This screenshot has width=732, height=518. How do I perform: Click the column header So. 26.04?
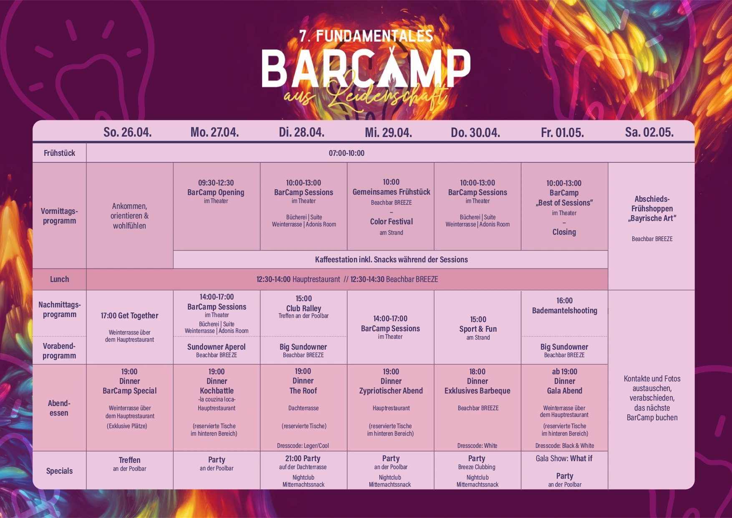128,132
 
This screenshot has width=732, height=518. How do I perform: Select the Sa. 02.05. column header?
649,132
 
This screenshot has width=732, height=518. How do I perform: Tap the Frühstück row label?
59,153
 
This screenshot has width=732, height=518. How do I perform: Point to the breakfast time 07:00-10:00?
346,153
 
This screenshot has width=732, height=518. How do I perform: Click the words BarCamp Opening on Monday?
216,192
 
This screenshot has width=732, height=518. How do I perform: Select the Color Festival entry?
391,221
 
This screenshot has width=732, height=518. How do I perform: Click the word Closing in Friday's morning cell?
564,232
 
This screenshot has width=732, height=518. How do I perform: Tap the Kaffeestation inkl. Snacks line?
391,259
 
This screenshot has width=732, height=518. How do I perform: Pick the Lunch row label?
59,279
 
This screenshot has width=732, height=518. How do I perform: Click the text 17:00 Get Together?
129,315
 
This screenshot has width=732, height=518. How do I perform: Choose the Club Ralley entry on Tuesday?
303,308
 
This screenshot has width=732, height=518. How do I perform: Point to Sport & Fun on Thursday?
478,329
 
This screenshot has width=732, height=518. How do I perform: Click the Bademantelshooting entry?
565,310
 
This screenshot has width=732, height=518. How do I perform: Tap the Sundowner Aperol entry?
216,347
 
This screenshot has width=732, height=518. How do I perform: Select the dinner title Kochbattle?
217,391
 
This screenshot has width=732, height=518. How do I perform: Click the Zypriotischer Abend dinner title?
391,391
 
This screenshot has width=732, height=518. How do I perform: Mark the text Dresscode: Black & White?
565,446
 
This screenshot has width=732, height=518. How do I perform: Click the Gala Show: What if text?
564,458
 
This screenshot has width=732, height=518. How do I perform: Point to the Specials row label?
59,471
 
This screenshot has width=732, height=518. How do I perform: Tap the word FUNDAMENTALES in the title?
374,36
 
